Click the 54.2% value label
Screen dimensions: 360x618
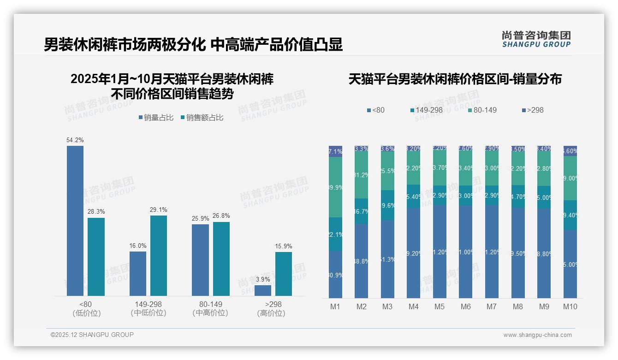pos(75,140)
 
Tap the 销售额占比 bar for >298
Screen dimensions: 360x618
pos(284,274)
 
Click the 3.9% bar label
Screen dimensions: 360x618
pos(263,279)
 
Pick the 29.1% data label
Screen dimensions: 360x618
pos(158,210)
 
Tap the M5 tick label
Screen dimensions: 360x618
pos(440,306)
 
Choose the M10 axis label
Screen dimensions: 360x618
pos(570,306)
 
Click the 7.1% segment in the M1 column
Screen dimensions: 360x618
pos(335,151)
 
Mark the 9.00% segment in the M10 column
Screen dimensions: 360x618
pos(570,178)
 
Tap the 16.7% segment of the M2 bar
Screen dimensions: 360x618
pos(361,211)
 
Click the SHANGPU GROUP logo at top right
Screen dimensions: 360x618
pos(536,39)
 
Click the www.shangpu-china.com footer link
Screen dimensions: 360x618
pos(537,335)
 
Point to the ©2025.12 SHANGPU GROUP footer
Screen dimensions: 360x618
pos(92,335)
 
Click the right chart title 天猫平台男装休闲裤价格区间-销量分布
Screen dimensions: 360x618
pos(455,79)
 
